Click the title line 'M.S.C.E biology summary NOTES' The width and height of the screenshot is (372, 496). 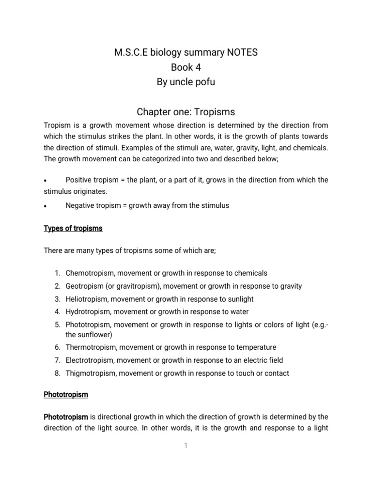186,52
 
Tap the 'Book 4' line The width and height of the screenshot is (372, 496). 186,67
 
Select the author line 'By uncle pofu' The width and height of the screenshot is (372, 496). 186,82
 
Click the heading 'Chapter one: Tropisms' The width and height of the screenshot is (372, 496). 186,112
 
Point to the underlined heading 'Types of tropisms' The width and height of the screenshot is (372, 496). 73,228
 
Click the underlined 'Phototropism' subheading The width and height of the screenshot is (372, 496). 66,394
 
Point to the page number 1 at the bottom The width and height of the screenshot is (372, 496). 186,446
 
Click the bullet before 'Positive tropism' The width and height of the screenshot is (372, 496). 45,181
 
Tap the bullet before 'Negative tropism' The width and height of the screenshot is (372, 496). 45,206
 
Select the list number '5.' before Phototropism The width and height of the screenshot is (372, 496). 57,325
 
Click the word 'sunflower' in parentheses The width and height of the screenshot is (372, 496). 94,335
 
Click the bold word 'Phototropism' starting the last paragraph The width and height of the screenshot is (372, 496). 66,417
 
